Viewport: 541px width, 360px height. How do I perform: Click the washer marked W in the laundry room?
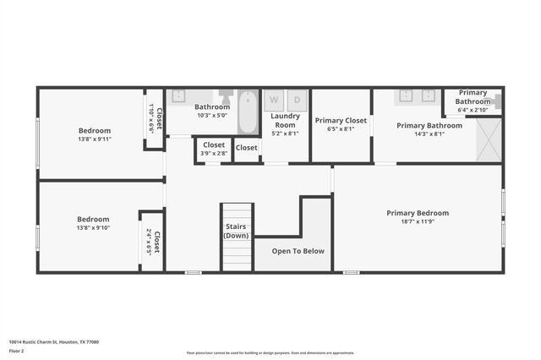point(274,100)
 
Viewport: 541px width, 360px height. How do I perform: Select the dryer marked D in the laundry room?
point(297,100)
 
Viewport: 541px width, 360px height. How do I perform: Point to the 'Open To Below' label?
point(297,251)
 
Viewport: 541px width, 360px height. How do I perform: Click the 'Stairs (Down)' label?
point(236,231)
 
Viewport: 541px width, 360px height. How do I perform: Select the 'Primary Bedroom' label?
point(418,213)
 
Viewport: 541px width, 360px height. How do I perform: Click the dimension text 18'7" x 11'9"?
point(418,221)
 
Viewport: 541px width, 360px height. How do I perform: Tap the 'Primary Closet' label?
point(341,121)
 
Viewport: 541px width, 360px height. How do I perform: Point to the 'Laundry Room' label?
point(285,120)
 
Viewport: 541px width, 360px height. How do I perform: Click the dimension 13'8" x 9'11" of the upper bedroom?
point(95,139)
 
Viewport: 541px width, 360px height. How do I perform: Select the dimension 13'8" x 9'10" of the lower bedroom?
point(95,227)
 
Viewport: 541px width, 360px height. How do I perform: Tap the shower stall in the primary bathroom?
point(488,139)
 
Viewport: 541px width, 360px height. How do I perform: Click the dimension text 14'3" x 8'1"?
point(429,134)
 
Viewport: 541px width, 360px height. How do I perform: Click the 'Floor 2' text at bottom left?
point(16,351)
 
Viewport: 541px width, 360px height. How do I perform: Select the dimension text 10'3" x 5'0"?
point(211,116)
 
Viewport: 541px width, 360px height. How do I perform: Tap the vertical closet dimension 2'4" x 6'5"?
point(149,242)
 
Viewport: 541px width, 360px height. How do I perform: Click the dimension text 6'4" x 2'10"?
point(473,110)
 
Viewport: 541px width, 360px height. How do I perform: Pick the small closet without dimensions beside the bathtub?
point(246,149)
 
